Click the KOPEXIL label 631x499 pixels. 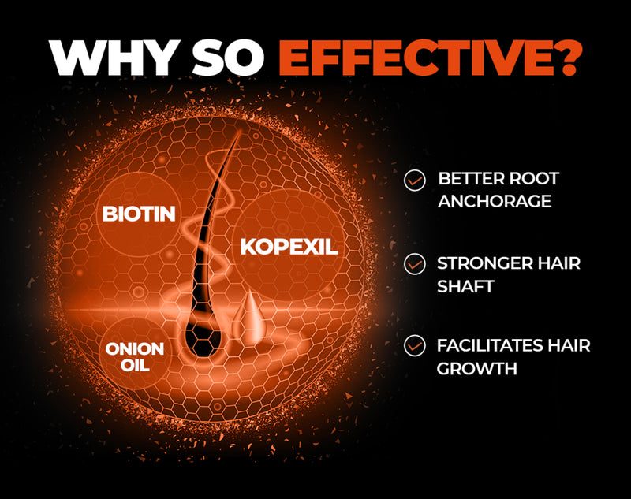[289, 247]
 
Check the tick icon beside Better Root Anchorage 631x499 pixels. [413, 181]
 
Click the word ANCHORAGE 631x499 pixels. [495, 201]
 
